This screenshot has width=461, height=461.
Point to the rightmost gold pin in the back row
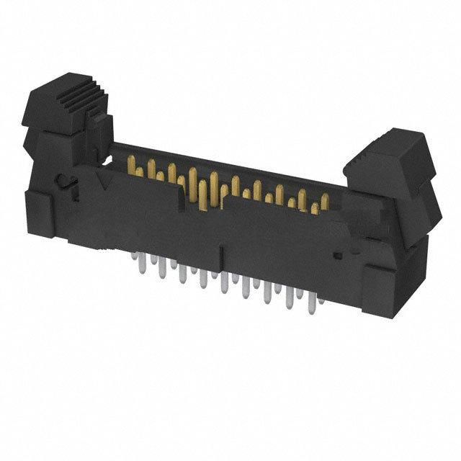tap(325, 202)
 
